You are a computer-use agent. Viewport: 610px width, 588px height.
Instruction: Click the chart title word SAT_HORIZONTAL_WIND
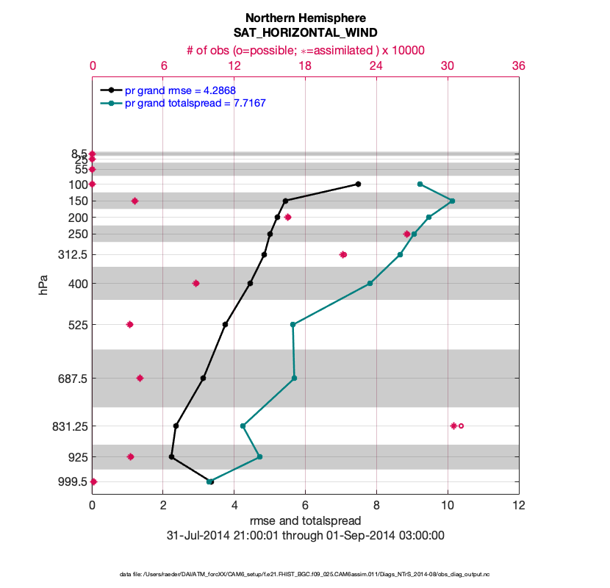click(x=305, y=32)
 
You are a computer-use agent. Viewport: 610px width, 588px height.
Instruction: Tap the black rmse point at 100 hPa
click(x=358, y=184)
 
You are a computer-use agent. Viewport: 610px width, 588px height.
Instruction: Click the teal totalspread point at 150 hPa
click(x=452, y=201)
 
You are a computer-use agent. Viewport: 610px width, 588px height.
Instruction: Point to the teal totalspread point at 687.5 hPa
click(x=294, y=379)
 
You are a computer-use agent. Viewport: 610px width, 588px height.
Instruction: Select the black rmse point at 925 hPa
click(x=171, y=457)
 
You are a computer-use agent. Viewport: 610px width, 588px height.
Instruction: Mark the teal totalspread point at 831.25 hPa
click(x=243, y=426)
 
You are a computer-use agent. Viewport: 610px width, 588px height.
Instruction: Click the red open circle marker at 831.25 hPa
click(x=462, y=426)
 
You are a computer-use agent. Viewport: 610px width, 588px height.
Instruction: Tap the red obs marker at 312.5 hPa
click(x=343, y=254)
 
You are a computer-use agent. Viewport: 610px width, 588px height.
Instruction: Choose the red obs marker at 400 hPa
click(x=195, y=283)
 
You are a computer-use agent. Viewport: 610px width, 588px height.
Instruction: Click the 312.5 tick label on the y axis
click(x=72, y=254)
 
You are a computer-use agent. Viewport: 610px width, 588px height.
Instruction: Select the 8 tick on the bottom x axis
click(x=376, y=505)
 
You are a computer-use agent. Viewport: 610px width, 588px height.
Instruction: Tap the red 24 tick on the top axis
click(x=376, y=65)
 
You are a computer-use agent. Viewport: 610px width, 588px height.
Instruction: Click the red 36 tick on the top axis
click(x=518, y=65)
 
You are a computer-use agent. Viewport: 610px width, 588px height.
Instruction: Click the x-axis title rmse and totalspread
click(x=305, y=521)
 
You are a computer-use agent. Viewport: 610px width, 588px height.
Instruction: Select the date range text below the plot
click(x=305, y=535)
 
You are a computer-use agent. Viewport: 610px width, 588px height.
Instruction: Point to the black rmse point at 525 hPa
click(x=225, y=324)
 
